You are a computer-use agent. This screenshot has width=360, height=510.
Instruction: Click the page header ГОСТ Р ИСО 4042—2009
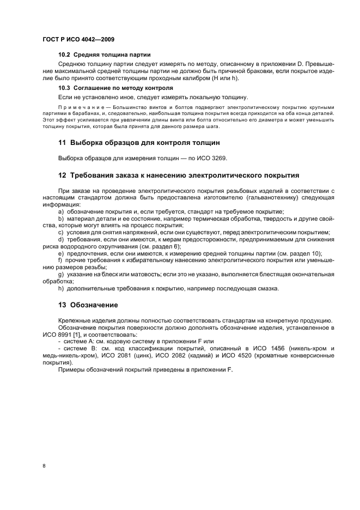[x=78, y=39]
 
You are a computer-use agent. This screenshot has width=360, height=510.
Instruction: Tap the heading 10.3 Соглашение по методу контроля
[x=115, y=88]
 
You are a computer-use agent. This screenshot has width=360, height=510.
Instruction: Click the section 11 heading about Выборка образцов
[x=139, y=143]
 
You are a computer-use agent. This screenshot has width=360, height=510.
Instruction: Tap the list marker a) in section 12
[x=61, y=211]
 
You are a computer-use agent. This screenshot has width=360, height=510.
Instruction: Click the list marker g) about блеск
[x=61, y=274]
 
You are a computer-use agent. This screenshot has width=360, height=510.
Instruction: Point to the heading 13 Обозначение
[x=88, y=305]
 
